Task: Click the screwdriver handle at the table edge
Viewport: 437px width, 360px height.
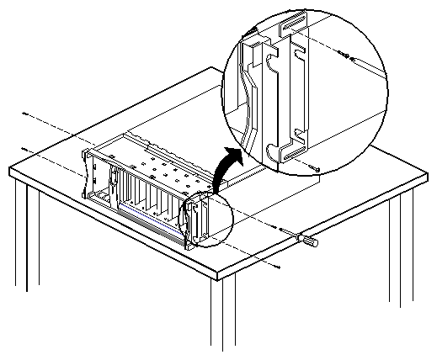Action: (x=309, y=242)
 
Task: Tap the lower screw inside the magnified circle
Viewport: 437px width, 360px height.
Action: (x=315, y=169)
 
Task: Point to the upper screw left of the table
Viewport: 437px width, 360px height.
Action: (x=24, y=113)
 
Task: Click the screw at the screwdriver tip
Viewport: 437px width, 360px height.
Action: (x=279, y=227)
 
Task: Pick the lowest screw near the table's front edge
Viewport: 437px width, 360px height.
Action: (x=277, y=266)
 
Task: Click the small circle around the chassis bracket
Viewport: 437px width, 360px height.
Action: (x=202, y=220)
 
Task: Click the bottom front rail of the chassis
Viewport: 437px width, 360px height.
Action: (x=143, y=227)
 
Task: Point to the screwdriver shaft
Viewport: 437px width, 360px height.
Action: (x=294, y=235)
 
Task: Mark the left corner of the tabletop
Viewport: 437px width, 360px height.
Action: (x=10, y=172)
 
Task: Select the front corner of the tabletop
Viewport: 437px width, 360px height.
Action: (x=217, y=275)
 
